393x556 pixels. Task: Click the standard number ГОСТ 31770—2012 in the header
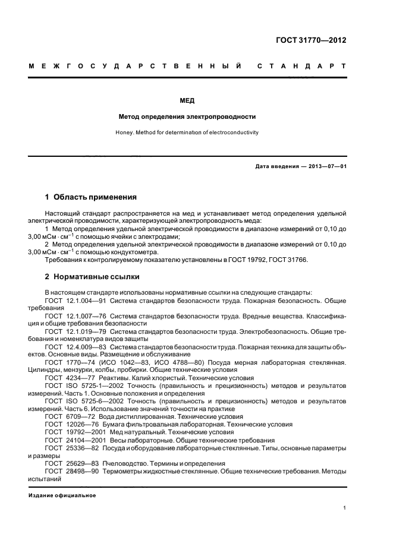311,40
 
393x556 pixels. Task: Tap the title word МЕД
187,101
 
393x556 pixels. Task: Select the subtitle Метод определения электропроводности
187,116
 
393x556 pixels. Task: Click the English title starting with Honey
187,132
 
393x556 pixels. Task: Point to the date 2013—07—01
326,166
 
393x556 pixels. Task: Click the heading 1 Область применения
91,197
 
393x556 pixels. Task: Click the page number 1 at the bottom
345,508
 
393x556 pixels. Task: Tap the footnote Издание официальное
62,495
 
